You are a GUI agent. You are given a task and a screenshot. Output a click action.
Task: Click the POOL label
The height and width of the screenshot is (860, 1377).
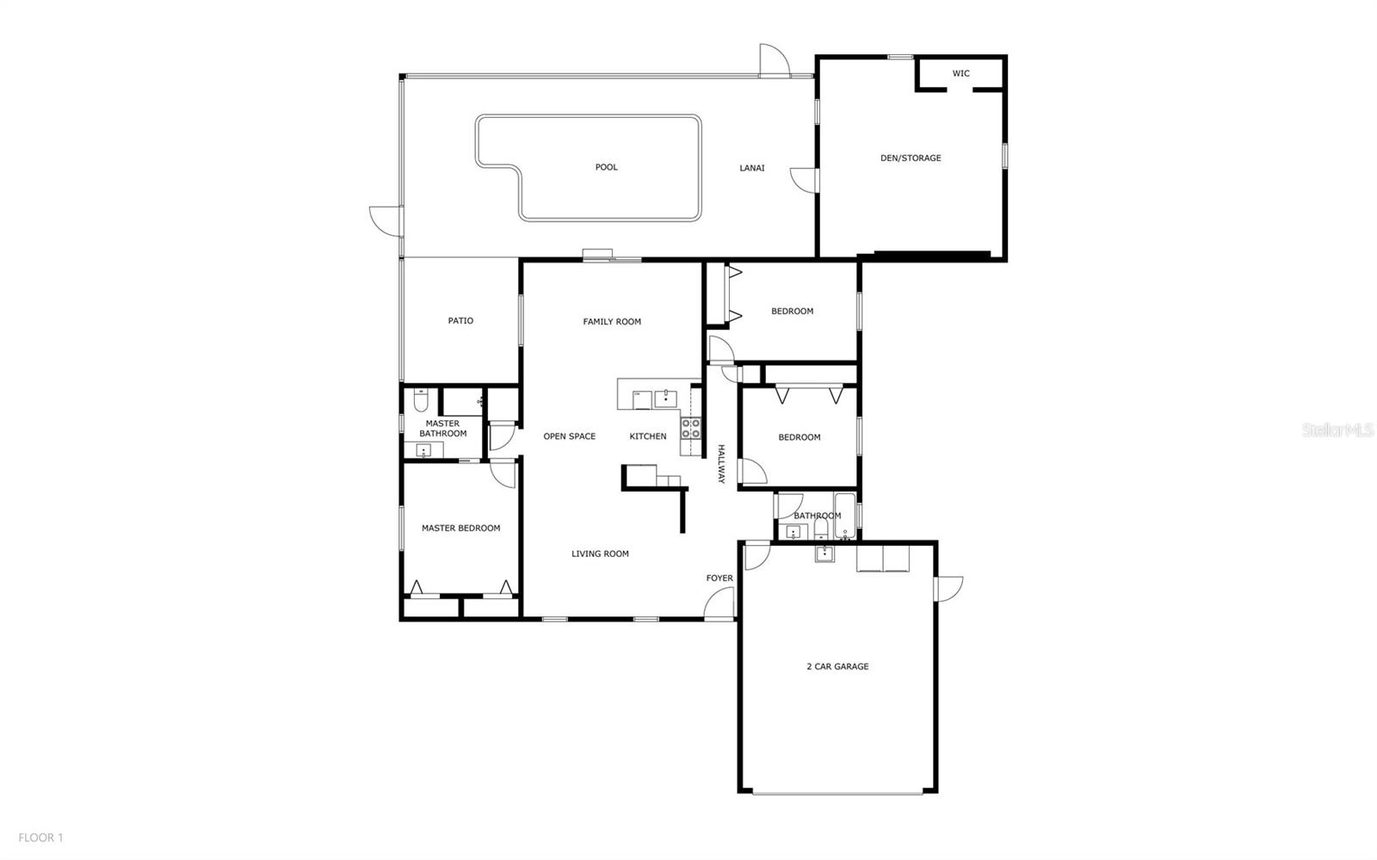[607, 167]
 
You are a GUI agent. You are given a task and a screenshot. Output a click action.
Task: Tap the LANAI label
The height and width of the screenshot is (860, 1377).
[752, 168]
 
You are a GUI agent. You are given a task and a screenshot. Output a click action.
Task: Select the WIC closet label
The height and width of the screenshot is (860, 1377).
[961, 74]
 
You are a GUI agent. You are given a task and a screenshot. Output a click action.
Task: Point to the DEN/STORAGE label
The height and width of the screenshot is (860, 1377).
[911, 158]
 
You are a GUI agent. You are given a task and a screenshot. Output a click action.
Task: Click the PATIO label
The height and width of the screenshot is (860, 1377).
[460, 321]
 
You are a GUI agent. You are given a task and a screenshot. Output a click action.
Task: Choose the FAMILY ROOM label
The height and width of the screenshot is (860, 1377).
[612, 322]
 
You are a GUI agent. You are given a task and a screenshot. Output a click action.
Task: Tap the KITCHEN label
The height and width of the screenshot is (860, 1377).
[648, 436]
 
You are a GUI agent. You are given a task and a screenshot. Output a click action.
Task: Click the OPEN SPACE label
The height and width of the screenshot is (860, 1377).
[570, 436]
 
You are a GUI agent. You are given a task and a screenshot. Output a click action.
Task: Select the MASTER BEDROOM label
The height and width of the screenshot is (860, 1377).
[460, 529]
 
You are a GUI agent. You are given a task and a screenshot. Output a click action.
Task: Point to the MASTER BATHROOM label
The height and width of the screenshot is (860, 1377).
[442, 429]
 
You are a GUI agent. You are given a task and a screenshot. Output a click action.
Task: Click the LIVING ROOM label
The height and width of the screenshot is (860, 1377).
[600, 554]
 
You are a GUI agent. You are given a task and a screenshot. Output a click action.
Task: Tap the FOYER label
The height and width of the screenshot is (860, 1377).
[719, 578]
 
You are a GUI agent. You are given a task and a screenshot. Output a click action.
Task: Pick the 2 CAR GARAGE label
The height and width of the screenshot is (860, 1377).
[837, 666]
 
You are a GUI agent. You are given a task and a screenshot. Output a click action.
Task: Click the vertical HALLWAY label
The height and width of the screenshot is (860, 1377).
[722, 464]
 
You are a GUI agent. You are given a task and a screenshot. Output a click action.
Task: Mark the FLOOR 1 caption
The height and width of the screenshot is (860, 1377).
[41, 838]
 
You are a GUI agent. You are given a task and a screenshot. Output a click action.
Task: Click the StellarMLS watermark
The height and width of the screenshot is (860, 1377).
[1337, 430]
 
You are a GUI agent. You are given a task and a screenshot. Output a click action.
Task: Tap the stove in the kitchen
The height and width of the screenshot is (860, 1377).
[691, 429]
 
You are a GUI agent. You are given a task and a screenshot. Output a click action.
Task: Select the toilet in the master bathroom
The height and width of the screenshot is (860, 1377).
[421, 401]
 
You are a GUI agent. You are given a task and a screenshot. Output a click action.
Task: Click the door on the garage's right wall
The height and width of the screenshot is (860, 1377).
[948, 589]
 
